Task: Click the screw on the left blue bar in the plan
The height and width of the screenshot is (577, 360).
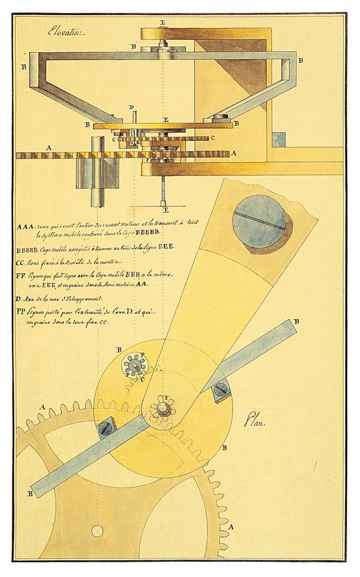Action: [106, 429]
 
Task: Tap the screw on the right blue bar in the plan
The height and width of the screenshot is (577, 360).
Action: [220, 387]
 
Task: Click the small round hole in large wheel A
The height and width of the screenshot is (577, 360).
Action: [97, 530]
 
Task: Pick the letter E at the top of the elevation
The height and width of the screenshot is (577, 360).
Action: [163, 22]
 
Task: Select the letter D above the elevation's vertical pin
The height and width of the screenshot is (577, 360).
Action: [131, 107]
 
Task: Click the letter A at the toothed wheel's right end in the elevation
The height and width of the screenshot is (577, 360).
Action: [233, 152]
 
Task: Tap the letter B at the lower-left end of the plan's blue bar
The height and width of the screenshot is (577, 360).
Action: [29, 493]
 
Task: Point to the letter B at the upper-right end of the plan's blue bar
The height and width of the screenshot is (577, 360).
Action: [296, 321]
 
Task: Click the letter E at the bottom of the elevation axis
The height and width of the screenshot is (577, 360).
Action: [163, 211]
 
